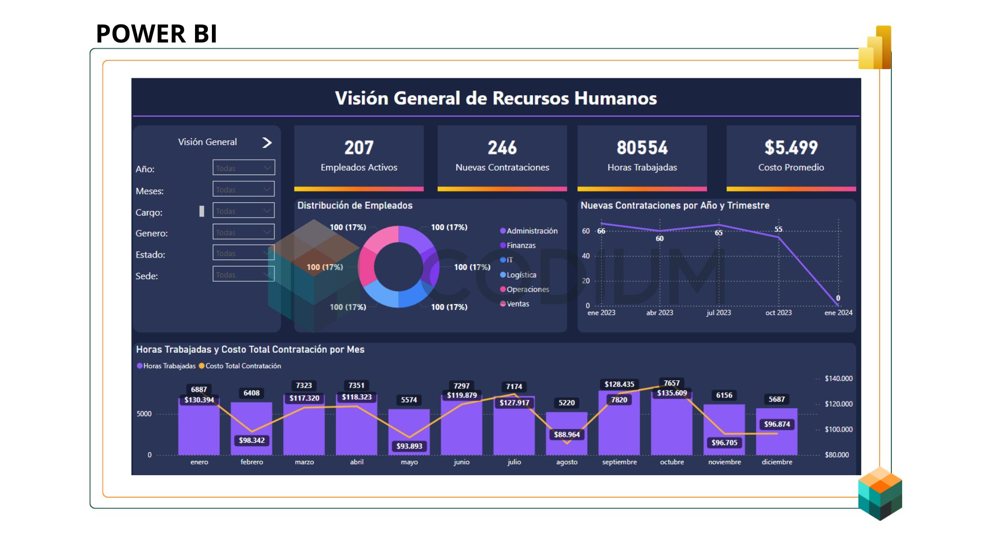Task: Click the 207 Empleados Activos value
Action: point(358,148)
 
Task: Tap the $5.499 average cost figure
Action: point(791,148)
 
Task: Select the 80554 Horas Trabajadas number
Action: point(642,148)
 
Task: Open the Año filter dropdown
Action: point(244,168)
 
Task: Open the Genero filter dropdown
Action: point(244,232)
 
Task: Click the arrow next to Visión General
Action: point(267,142)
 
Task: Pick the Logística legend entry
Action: point(521,275)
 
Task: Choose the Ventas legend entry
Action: point(517,304)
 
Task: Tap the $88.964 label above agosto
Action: point(567,435)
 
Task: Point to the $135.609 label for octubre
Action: point(672,393)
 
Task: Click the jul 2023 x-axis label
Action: point(718,313)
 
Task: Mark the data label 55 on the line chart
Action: point(778,229)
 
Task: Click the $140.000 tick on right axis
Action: point(838,379)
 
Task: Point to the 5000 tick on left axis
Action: point(144,414)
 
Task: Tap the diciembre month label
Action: point(777,462)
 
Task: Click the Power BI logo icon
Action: point(875,48)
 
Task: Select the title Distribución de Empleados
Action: point(355,205)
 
